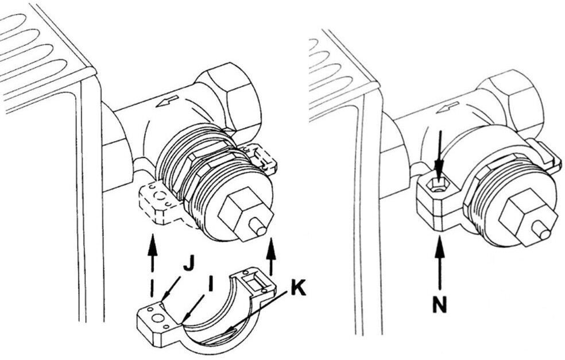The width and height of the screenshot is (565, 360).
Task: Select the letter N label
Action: pos(439,304)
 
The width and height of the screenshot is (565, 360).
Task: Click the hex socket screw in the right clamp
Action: pos(439,185)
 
